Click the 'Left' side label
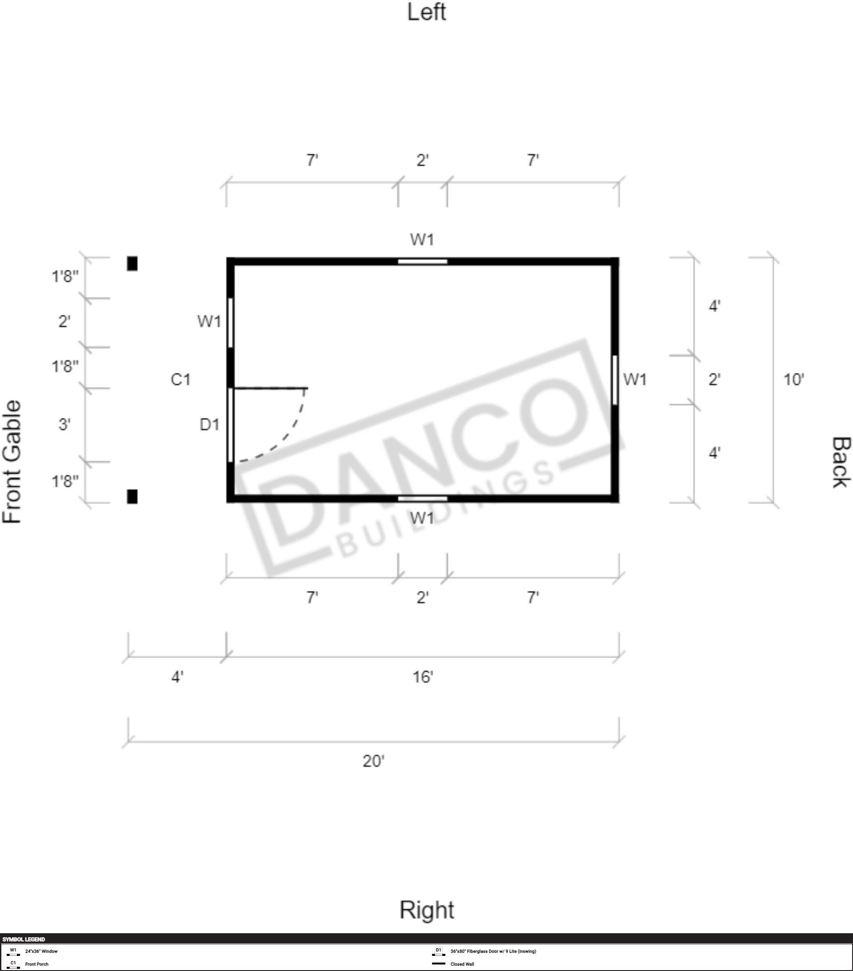pyautogui.click(x=426, y=12)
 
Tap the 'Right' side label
pyautogui.click(x=427, y=911)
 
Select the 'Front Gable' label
pyautogui.click(x=12, y=462)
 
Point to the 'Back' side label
pyautogui.click(x=841, y=462)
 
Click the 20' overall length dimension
pyautogui.click(x=373, y=761)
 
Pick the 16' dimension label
pyautogui.click(x=422, y=676)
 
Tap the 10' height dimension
pyautogui.click(x=793, y=380)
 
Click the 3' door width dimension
pyautogui.click(x=64, y=424)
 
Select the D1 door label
pyautogui.click(x=209, y=424)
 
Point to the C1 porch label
pyautogui.click(x=180, y=380)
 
